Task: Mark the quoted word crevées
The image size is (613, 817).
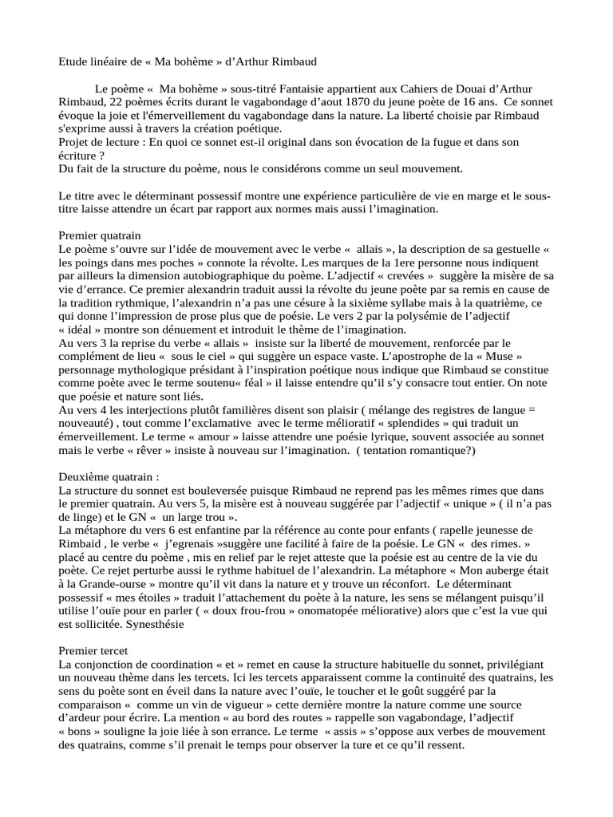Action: [x=410, y=275]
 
